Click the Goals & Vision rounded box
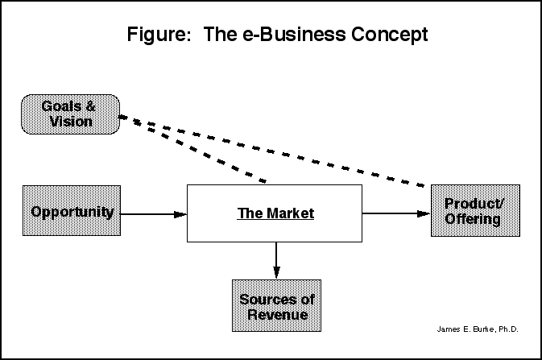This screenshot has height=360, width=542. (71, 114)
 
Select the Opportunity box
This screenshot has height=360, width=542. (72, 211)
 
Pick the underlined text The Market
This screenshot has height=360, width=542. (275, 213)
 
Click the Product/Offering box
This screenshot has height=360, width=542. (475, 210)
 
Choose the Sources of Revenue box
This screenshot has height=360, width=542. (276, 306)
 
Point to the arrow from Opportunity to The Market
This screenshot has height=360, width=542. (154, 213)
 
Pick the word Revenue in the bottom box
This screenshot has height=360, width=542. (276, 314)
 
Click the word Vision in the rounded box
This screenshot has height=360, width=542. (71, 122)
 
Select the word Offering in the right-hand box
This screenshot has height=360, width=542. (475, 218)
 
